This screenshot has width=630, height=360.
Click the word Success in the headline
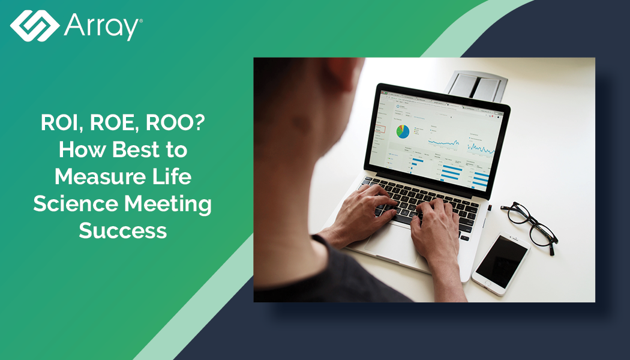point(123,231)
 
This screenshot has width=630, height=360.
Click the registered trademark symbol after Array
point(141,20)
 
